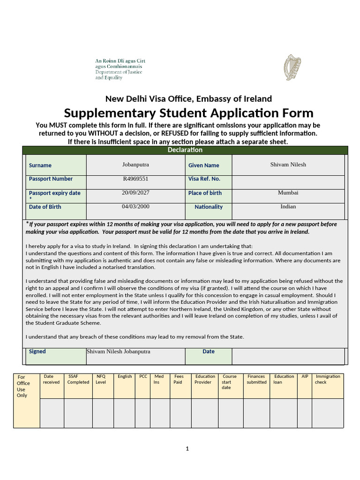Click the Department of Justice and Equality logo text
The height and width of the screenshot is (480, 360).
click(x=119, y=69)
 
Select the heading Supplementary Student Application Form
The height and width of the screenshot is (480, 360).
click(x=188, y=113)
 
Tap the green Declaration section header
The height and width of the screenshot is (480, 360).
click(x=185, y=150)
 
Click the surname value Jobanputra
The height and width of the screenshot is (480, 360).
click(x=135, y=165)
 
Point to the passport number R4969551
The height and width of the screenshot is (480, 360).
click(x=135, y=179)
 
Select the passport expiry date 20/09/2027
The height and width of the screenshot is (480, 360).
click(x=135, y=193)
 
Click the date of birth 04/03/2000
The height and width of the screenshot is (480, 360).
click(x=135, y=207)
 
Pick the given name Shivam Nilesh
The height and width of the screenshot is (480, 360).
click(x=288, y=165)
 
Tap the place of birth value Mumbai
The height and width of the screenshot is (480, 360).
click(x=288, y=193)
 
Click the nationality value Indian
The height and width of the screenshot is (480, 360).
click(x=288, y=207)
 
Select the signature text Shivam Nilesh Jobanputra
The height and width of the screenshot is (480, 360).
click(x=118, y=352)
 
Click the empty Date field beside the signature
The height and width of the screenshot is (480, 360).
click(x=288, y=356)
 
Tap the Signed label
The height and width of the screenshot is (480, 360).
click(x=37, y=352)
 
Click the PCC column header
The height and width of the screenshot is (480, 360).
click(x=143, y=376)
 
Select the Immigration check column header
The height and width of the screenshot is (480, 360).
click(x=328, y=379)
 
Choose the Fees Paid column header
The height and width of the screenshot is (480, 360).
click(x=179, y=379)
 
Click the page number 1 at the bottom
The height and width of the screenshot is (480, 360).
click(x=187, y=449)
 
